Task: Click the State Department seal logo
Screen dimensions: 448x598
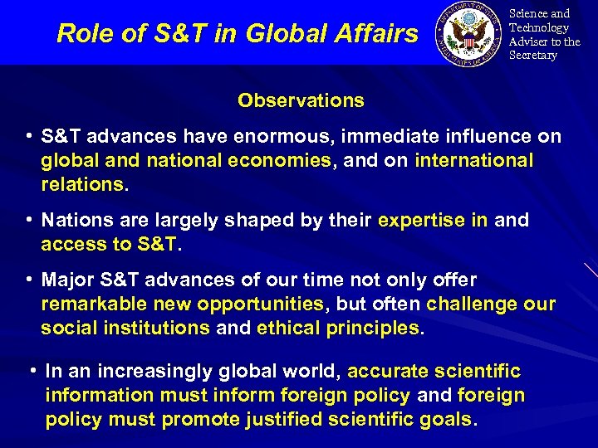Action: coord(471,33)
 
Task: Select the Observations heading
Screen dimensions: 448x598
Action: coord(301,100)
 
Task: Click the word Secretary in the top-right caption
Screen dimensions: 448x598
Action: coord(532,56)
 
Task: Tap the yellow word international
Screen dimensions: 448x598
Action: coord(474,160)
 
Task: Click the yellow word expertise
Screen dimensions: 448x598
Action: coord(420,221)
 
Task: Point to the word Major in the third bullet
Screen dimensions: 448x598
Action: coord(70,280)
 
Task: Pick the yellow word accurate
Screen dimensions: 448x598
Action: coord(389,372)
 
